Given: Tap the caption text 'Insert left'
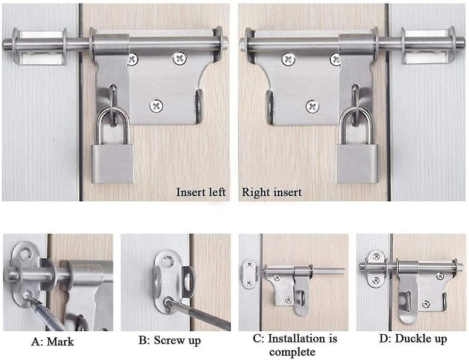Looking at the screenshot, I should pyautogui.click(x=201, y=193).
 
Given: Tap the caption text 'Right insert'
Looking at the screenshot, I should pyautogui.click(x=271, y=193).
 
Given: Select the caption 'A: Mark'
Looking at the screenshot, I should pyautogui.click(x=52, y=341).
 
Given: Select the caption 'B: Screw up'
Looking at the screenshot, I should pyautogui.click(x=169, y=341).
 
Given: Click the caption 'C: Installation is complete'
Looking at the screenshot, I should pyautogui.click(x=295, y=344).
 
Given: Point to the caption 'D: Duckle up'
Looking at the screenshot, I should pyautogui.click(x=413, y=340).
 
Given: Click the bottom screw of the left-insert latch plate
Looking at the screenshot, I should pyautogui.click(x=157, y=106).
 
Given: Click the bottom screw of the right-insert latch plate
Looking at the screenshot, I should pyautogui.click(x=312, y=106).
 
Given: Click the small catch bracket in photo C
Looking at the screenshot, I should pyautogui.click(x=248, y=274).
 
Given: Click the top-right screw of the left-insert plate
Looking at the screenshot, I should pyautogui.click(x=180, y=58).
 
